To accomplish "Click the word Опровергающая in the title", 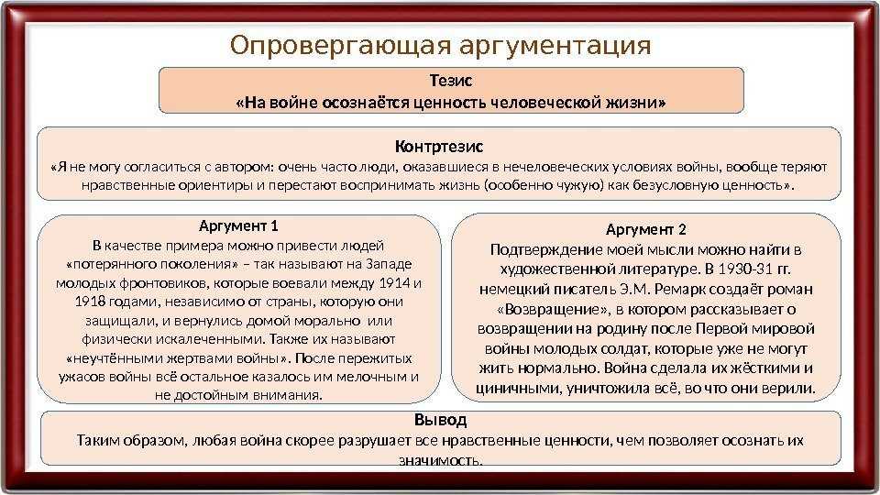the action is coord(340,46).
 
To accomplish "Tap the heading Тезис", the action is coord(451,81).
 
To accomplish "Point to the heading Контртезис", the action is coord(439,147).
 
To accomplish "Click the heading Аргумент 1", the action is coord(238,226).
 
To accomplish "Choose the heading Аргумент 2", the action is coord(646,229).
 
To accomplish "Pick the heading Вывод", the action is coord(441,420).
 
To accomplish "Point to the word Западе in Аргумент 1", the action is coord(389,264).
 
